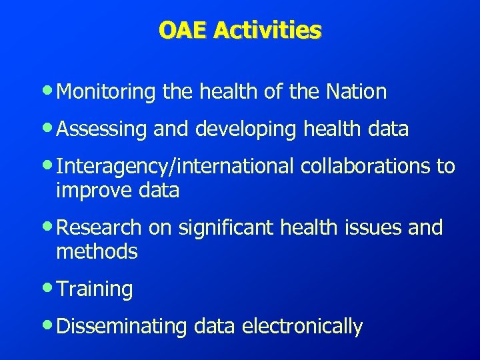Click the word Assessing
tap(102, 129)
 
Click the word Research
tap(99, 228)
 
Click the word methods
tap(97, 251)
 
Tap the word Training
tap(95, 289)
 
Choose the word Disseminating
tap(123, 327)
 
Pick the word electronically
tap(303, 327)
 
